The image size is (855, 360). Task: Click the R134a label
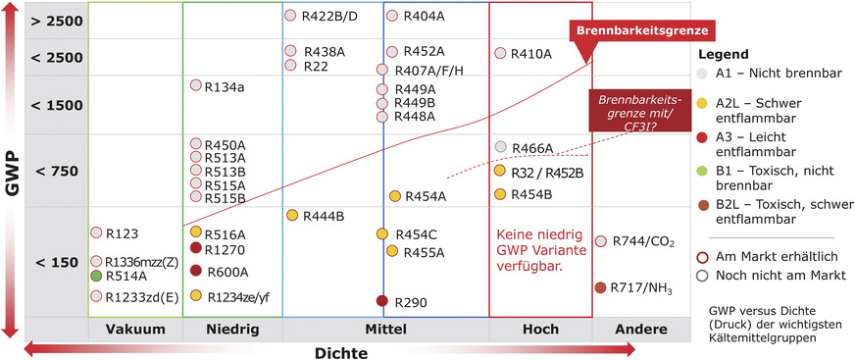coord(225,87)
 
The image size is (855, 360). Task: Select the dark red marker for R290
coord(382,301)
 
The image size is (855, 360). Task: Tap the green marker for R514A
coord(97,277)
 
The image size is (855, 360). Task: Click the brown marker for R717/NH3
coord(600,287)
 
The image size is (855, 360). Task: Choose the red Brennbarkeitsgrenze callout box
coord(642,30)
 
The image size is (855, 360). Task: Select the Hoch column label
coord(540,330)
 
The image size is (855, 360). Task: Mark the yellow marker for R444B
coord(291,215)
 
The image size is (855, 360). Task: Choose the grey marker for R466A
coord(501,147)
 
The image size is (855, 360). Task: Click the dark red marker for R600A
coord(196,271)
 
